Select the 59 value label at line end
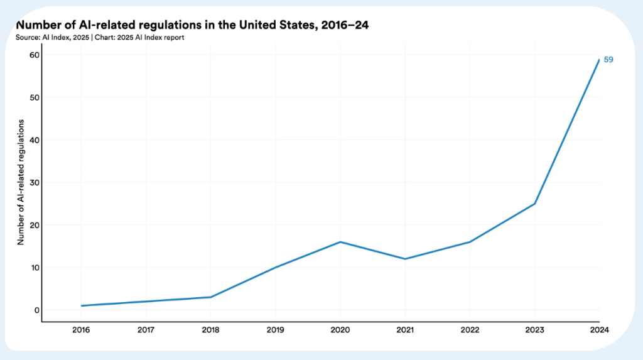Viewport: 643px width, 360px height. (608, 60)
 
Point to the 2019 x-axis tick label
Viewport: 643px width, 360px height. (275, 329)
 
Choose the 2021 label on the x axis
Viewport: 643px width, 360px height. (405, 329)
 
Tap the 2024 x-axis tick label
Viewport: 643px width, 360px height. (600, 329)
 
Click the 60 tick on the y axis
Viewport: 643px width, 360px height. (34, 55)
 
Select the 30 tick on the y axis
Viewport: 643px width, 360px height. (34, 183)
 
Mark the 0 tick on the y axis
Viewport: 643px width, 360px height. (36, 310)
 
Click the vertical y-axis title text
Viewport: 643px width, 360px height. (20, 182)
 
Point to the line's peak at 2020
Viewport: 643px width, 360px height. (340, 242)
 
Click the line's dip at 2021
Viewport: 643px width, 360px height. (405, 259)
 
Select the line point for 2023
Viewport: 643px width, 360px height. (535, 204)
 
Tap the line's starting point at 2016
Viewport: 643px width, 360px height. (81, 306)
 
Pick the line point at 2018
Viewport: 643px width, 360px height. (210, 297)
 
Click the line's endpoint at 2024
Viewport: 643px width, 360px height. (600, 59)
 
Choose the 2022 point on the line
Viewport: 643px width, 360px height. (470, 242)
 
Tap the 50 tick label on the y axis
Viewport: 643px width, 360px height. (34, 97)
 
